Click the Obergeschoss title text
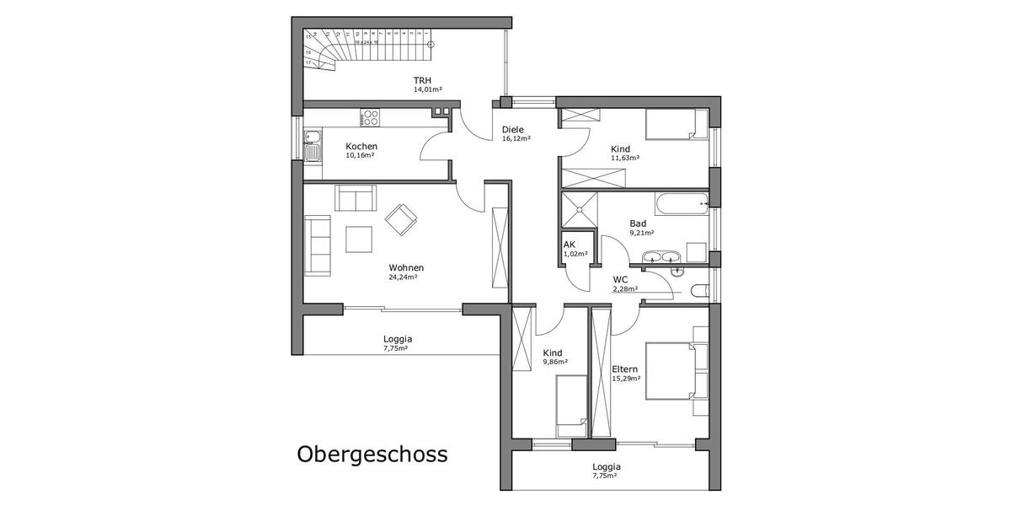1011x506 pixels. pos(372,455)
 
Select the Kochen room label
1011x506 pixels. pos(361,146)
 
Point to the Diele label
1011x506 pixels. pos(512,130)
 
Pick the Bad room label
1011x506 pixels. pos(638,223)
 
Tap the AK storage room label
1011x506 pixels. pos(570,245)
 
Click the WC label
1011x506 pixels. pos(621,279)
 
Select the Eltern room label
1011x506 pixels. pos(625,369)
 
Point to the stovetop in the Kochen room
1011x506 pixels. pos(370,118)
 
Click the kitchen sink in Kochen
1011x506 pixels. pos(312,145)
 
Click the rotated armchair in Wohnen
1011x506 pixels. pos(401,220)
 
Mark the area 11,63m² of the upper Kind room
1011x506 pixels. pos(625,158)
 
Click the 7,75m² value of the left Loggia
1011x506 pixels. pos(395,347)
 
